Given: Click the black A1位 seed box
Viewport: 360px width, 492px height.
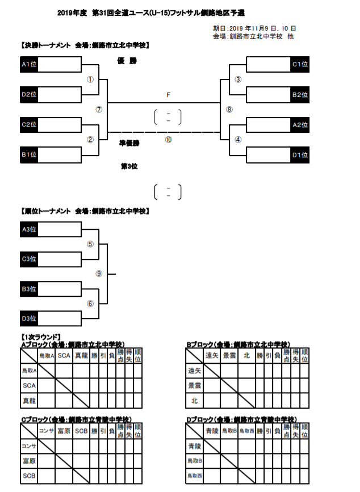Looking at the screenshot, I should tap(30, 64).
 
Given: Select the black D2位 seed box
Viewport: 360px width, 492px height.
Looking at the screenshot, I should tap(30, 94).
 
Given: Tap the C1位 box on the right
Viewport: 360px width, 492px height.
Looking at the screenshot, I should tap(300, 64).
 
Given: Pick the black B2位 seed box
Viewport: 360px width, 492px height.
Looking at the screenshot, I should tap(300, 94).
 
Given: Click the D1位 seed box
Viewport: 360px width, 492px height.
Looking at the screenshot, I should tap(300, 154).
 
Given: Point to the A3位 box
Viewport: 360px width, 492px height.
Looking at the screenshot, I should tap(30, 229).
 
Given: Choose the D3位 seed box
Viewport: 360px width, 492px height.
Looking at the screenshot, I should tap(30, 318).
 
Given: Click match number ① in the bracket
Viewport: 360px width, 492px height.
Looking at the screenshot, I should tap(90, 80).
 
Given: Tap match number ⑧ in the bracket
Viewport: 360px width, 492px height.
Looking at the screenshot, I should tap(229, 110).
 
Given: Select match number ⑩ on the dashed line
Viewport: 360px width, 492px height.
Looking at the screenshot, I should tap(168, 140).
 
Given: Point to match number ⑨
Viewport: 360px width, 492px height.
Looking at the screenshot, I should tap(99, 274).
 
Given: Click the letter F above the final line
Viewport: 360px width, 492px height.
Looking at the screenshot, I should tap(168, 95).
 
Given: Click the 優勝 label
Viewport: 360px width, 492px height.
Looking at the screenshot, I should tap(128, 61).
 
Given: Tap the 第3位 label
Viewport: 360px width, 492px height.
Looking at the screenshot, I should tap(129, 166).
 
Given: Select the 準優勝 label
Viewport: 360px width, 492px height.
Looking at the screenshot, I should tap(129, 144).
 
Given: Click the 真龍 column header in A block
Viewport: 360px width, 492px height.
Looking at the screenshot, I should tap(82, 356).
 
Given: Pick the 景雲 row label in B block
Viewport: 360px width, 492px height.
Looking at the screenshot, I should tap(195, 385).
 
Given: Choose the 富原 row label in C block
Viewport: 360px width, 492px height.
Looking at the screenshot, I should tap(29, 461).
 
